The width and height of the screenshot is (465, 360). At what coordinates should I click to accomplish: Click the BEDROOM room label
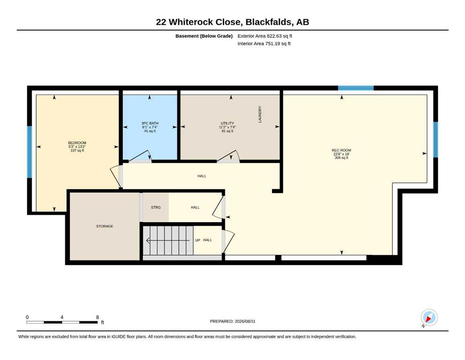(77, 143)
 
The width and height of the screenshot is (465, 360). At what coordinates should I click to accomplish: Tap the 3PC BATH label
(150, 123)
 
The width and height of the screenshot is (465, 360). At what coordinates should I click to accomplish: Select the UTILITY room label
(228, 123)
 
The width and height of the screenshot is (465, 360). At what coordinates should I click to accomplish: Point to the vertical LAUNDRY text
(260, 114)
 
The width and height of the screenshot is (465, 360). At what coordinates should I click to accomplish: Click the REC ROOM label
(341, 150)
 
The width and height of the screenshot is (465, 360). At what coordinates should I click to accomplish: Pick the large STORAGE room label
(105, 226)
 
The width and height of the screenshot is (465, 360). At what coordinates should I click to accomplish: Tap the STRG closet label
(155, 208)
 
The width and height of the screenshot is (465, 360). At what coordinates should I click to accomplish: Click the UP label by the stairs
(198, 240)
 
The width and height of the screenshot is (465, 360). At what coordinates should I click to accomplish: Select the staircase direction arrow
(168, 240)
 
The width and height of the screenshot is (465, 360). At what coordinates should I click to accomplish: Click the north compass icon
(429, 318)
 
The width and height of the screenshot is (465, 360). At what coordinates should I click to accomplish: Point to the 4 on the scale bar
(62, 317)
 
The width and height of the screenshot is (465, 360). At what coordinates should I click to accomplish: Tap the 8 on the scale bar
(97, 317)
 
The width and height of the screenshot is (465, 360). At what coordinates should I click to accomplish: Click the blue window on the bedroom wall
(30, 152)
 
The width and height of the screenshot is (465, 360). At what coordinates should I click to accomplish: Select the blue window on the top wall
(356, 88)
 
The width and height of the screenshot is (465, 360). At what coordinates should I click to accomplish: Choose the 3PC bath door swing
(140, 156)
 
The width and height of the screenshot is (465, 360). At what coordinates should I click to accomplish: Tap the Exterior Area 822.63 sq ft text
(265, 36)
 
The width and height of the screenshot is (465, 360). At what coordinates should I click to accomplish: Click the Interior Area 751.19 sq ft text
(264, 44)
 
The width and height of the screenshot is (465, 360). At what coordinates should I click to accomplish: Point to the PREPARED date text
(232, 321)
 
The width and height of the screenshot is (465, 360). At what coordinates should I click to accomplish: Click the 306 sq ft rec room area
(341, 158)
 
